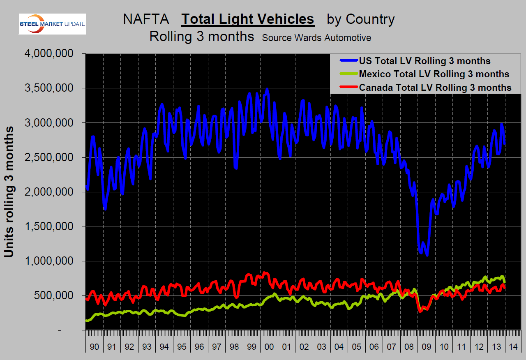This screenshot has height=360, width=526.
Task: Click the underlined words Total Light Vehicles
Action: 248,19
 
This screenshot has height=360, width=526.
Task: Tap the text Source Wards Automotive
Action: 316,38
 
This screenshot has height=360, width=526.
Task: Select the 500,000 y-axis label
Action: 55,296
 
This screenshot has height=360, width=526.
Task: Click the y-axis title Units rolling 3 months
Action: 9,192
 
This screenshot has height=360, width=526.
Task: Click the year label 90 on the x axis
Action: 94,346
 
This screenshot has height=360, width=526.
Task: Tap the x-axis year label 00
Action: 269,346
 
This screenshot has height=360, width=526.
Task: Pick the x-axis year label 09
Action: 427,346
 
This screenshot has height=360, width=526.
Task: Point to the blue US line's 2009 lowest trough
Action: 427,255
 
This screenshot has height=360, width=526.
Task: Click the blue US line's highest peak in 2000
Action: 267,89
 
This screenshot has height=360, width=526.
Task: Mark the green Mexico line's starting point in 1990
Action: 87,320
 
